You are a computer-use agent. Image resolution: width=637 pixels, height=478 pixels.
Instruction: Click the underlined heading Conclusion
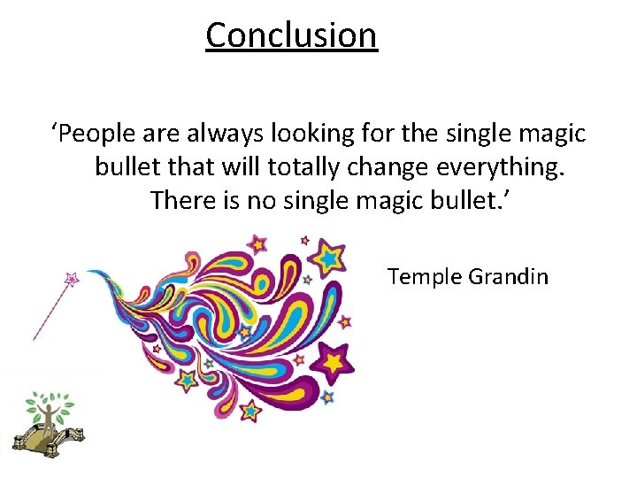click(291, 35)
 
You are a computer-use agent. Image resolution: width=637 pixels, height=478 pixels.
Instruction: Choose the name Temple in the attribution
click(424, 277)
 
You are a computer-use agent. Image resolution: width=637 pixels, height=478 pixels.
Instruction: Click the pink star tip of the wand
click(73, 278)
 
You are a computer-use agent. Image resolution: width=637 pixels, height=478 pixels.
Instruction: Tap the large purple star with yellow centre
click(334, 360)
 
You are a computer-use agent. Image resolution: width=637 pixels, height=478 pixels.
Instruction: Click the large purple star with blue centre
click(329, 257)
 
